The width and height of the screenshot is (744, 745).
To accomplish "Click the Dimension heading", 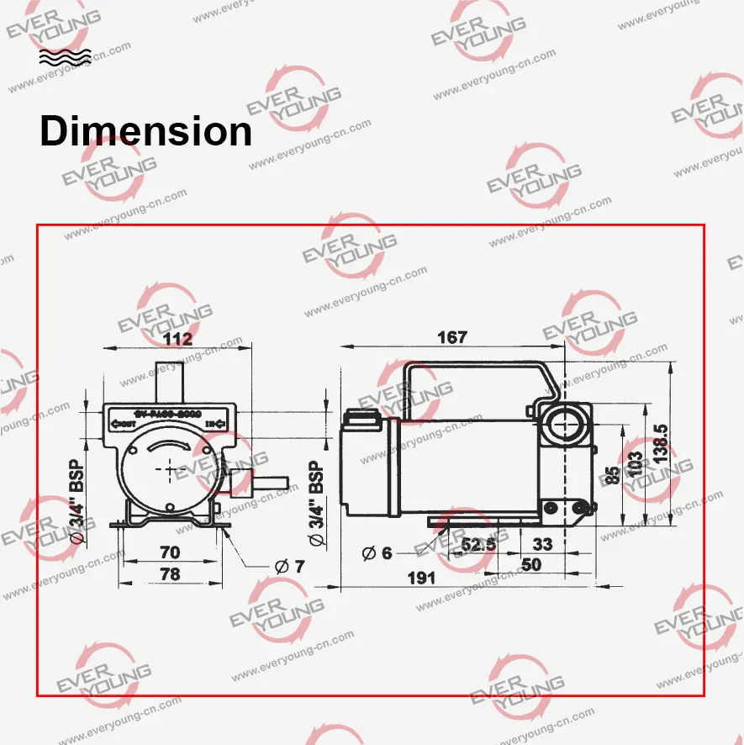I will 145,132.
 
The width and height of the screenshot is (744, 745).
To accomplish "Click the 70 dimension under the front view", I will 169,552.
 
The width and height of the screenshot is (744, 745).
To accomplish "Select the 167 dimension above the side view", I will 451,337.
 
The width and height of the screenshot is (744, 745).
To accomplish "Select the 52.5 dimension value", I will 478,545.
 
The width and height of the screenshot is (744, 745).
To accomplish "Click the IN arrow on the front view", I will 216,423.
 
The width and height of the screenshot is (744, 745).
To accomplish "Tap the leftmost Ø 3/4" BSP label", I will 77,499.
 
